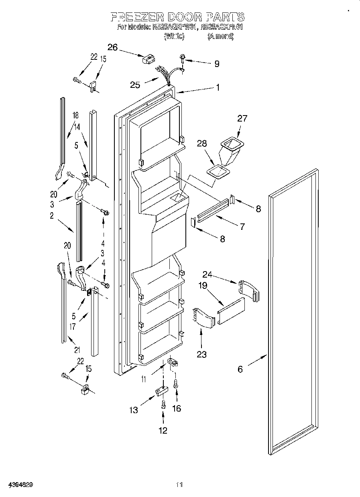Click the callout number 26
pyautogui.click(x=112, y=47)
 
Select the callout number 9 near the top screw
pyautogui.click(x=217, y=63)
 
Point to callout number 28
pyautogui.click(x=202, y=144)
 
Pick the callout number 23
pyautogui.click(x=201, y=354)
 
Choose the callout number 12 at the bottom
pyautogui.click(x=163, y=430)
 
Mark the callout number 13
pyautogui.click(x=134, y=410)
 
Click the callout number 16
pyautogui.click(x=176, y=408)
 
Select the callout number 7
pyautogui.click(x=242, y=227)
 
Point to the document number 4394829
pyautogui.click(x=17, y=484)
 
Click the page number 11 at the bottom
pyautogui.click(x=180, y=484)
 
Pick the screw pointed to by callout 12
pyautogui.click(x=163, y=404)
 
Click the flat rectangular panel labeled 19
pyautogui.click(x=231, y=311)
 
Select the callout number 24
pyautogui.click(x=207, y=275)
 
